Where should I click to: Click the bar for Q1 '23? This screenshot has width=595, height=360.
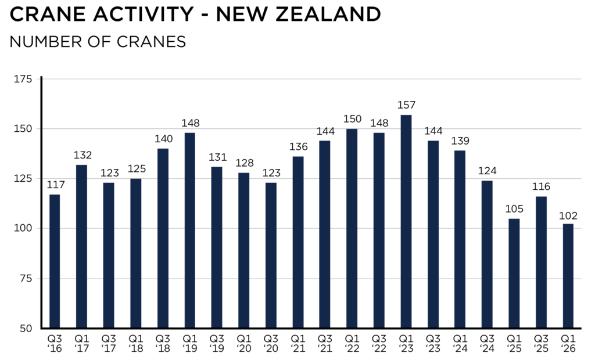click(x=406, y=221)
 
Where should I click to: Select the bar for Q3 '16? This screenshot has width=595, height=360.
click(x=55, y=261)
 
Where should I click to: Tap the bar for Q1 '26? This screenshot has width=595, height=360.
click(x=568, y=276)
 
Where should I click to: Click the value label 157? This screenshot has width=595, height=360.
click(x=406, y=105)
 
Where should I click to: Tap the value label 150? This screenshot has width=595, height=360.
click(x=352, y=119)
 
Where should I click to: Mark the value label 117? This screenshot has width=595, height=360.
click(x=55, y=185)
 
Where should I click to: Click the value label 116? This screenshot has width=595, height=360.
click(x=541, y=186)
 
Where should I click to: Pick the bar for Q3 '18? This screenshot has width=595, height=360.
click(x=163, y=239)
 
